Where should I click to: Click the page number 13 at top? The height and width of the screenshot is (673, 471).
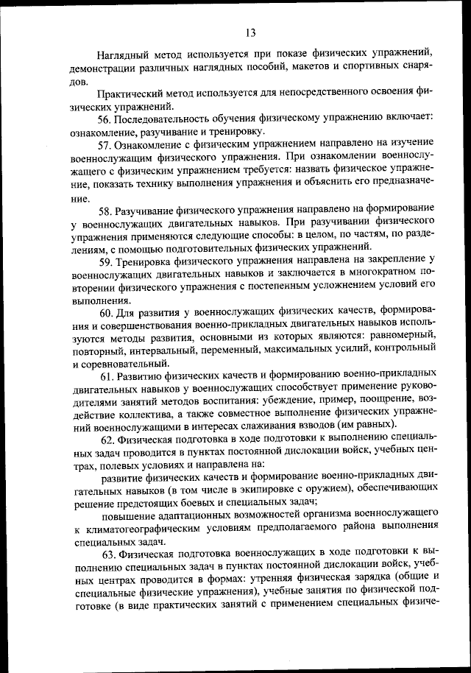pyautogui.click(x=250, y=32)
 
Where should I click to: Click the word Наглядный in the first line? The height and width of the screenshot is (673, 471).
pyautogui.click(x=126, y=54)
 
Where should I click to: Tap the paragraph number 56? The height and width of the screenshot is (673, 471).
pyautogui.click(x=105, y=119)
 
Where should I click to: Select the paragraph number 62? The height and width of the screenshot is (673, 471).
pyautogui.click(x=106, y=440)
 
